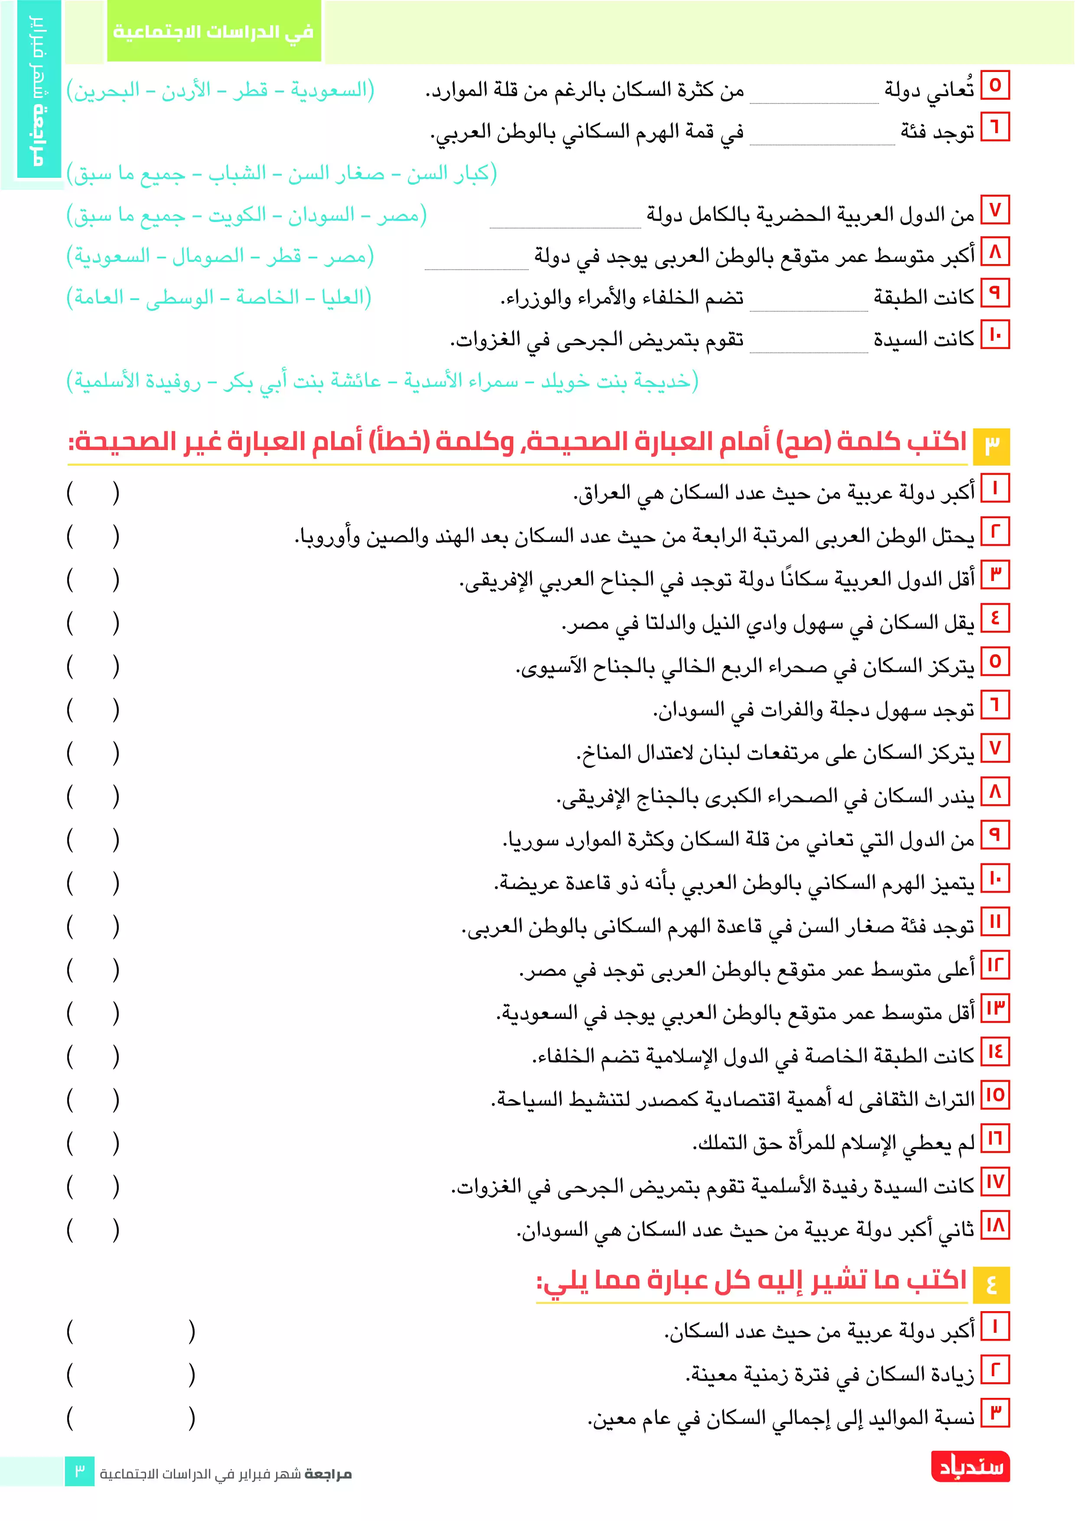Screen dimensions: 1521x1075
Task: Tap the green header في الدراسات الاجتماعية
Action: [213, 31]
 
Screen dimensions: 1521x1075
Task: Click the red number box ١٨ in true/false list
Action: [995, 1225]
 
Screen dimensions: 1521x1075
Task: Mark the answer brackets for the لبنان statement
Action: [93, 753]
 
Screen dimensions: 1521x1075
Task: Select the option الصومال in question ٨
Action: [208, 256]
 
